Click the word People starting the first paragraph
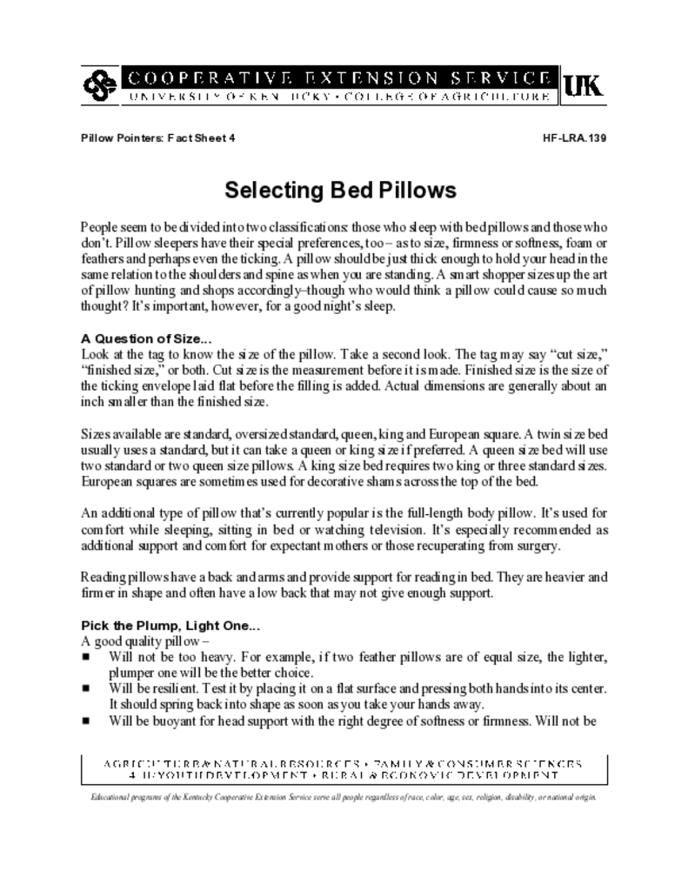coord(101,224)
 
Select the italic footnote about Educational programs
coord(344,797)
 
